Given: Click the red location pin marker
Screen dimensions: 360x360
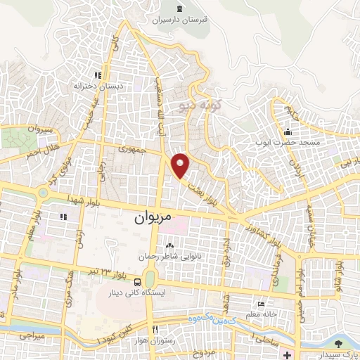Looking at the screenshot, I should click(181, 165).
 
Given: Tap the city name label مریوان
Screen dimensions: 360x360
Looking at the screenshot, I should click(153, 218).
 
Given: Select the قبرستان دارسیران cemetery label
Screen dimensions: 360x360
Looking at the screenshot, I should click(181, 20).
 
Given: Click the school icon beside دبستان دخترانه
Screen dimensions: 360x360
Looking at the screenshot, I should click(98, 75).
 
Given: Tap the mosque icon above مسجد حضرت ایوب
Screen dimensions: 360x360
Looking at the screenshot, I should click(288, 131).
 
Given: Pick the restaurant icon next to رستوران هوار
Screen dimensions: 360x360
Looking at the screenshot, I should click(155, 328).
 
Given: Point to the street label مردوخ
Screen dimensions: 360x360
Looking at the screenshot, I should click(209, 350).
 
